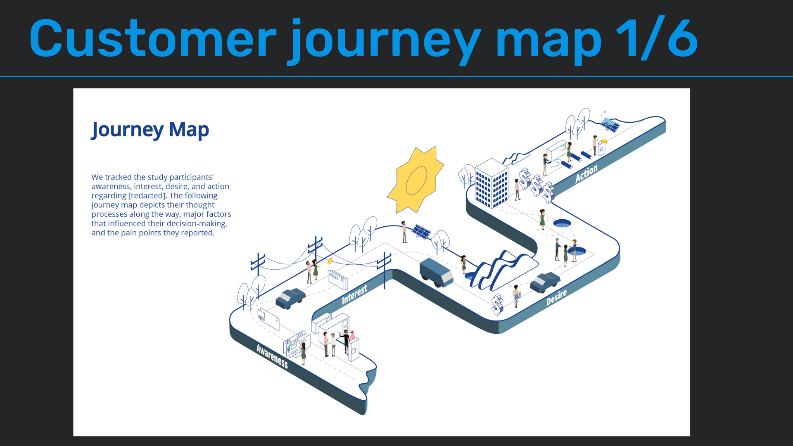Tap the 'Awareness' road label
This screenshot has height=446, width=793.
(272, 356)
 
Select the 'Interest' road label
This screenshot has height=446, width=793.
(354, 294)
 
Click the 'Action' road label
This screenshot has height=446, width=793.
(586, 174)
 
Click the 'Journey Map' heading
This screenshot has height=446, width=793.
(150, 130)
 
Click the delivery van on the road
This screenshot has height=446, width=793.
(436, 272)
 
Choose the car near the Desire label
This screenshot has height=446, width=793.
(545, 282)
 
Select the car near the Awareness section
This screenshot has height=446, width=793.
(290, 298)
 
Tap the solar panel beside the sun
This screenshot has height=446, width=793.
(422, 231)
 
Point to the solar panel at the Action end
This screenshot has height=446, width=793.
(610, 124)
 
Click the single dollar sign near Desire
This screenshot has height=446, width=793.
(498, 304)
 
